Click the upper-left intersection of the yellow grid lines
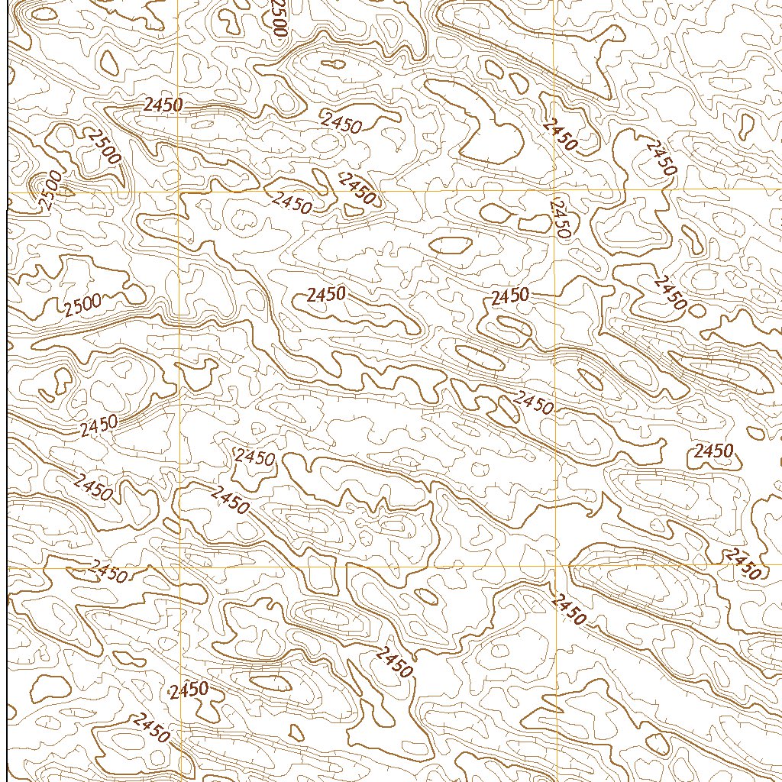point(179,192)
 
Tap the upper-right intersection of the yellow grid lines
point(554,191)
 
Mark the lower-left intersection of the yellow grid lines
point(180,567)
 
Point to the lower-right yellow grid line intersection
point(554,566)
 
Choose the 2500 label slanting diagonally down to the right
point(103,147)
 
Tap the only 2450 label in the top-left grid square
point(162,105)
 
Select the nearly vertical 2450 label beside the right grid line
point(561,218)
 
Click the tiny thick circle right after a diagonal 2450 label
point(697,310)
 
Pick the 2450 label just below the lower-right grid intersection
point(568,609)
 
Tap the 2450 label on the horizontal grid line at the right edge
point(744,564)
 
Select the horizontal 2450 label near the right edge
point(713,451)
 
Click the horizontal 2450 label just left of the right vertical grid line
point(510,296)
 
